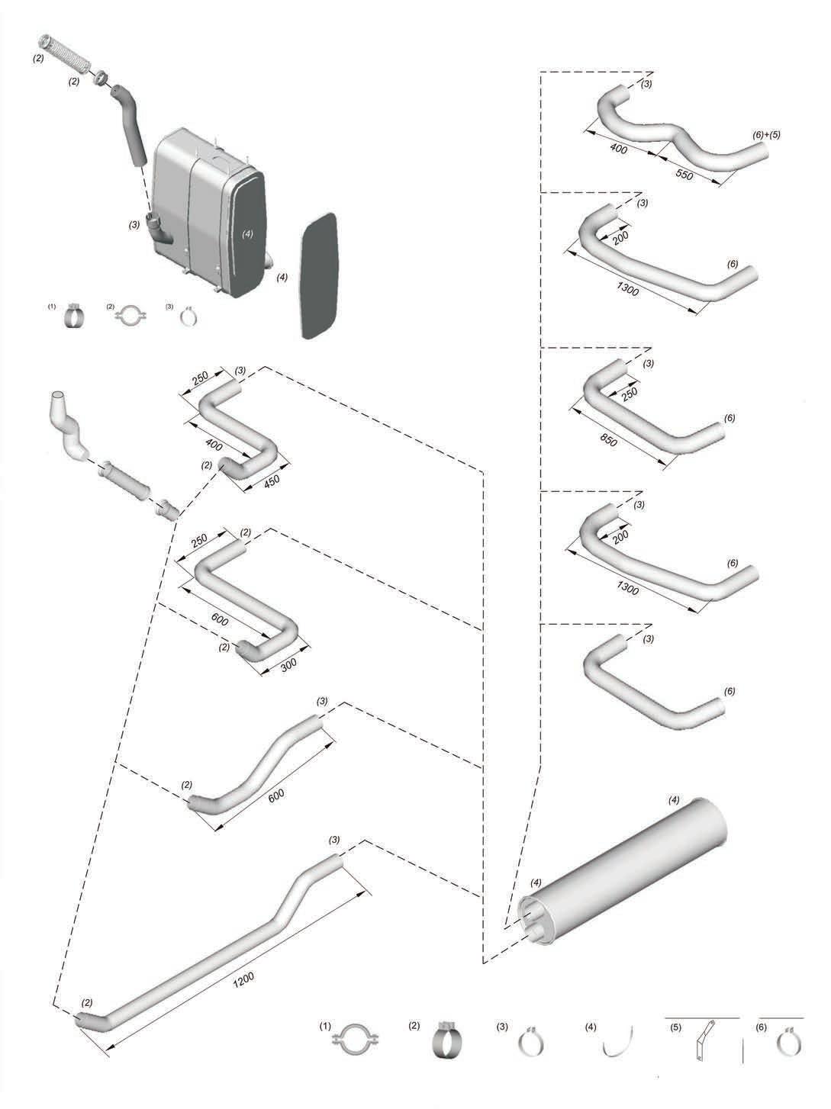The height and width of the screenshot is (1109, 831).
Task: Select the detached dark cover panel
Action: point(319,276)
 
